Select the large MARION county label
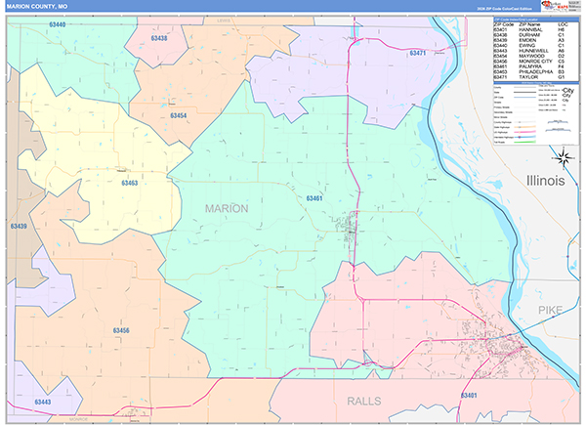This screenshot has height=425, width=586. [227, 208]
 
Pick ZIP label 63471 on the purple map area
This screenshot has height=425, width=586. [418, 53]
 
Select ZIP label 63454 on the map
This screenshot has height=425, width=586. [150, 115]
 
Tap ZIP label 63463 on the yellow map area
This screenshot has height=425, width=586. [129, 183]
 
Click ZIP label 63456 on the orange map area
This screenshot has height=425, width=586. [120, 330]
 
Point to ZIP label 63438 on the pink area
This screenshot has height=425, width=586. [159, 38]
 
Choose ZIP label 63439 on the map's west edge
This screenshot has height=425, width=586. [18, 226]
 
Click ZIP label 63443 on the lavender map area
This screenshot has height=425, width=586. [42, 402]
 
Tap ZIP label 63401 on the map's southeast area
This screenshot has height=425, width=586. [468, 395]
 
